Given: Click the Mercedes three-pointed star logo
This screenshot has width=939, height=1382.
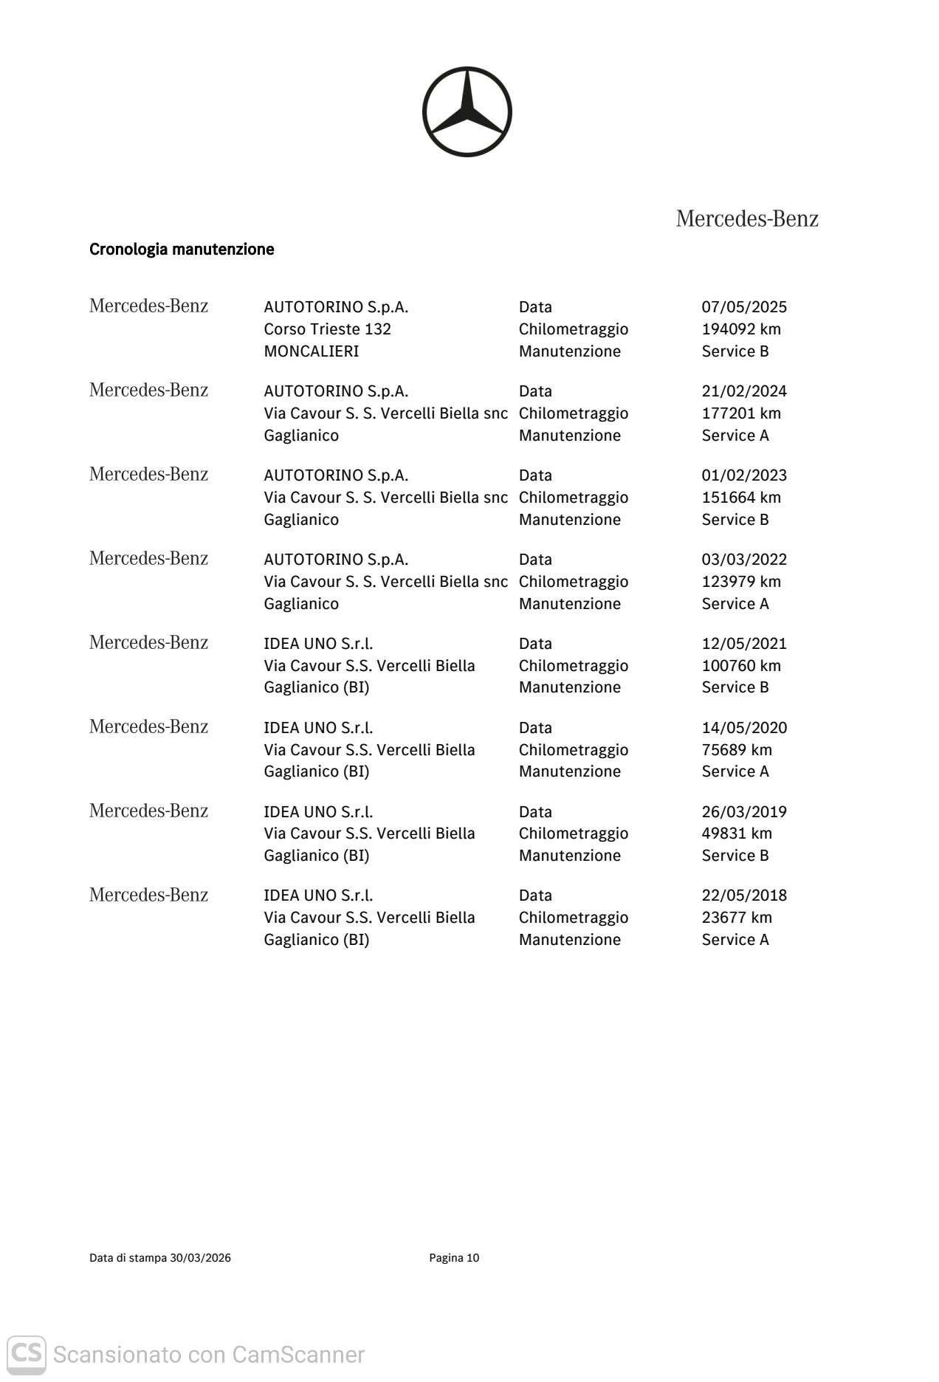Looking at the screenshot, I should [467, 111].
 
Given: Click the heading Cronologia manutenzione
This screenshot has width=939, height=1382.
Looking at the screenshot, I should [182, 250].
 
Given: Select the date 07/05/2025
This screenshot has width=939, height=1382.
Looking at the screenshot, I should [744, 307].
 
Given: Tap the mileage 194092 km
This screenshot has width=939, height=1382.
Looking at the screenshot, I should [740, 329].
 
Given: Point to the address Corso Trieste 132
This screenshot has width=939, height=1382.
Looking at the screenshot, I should [327, 329].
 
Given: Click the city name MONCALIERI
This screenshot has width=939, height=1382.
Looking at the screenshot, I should [311, 351].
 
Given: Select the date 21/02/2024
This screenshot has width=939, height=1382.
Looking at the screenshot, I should [744, 391].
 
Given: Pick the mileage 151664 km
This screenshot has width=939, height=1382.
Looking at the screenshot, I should [740, 498].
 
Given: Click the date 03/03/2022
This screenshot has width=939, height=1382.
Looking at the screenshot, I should [744, 560].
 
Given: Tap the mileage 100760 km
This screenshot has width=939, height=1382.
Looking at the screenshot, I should [740, 666].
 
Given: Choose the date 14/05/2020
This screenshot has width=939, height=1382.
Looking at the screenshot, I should [744, 728].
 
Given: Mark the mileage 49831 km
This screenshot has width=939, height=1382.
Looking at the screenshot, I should [736, 833].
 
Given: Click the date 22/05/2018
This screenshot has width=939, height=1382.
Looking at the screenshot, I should [744, 895].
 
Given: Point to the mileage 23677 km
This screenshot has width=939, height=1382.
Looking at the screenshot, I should [736, 918].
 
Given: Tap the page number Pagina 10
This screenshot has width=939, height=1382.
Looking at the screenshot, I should [454, 1258].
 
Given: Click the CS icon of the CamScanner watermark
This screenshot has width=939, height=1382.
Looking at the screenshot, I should [27, 1354].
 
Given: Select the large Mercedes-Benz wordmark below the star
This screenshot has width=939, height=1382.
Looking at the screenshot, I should [747, 219].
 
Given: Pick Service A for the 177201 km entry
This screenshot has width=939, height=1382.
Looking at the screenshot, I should [735, 436].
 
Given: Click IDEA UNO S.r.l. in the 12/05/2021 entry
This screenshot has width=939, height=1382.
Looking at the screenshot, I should [318, 644].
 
